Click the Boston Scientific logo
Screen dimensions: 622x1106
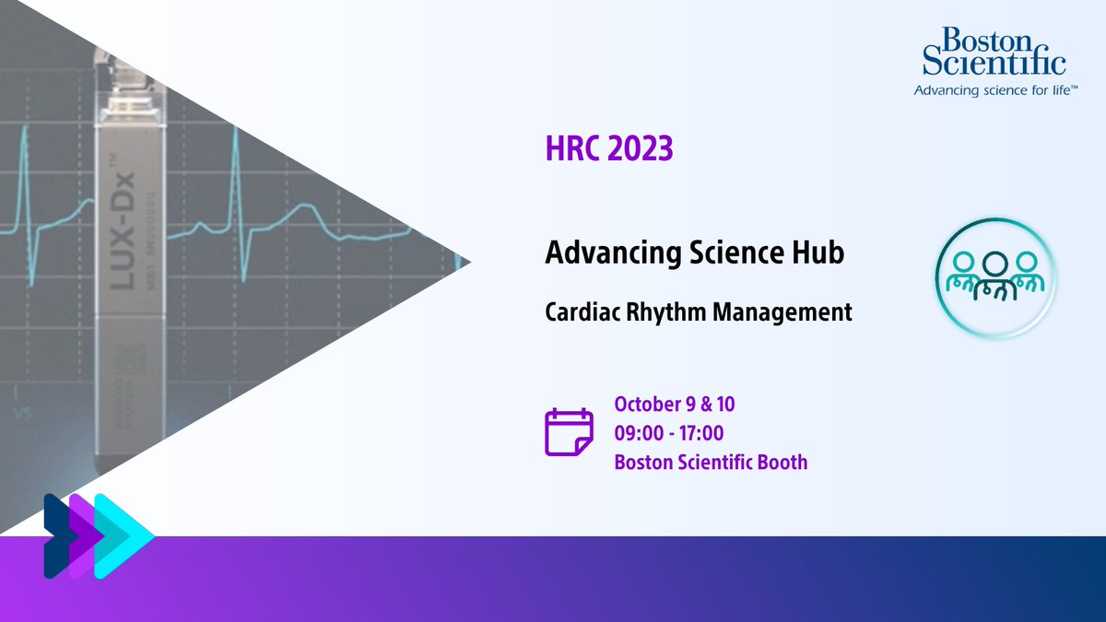tap(994, 53)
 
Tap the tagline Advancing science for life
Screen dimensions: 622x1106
tap(989, 90)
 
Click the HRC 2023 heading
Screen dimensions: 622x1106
tap(608, 149)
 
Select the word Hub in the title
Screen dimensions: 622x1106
tap(816, 252)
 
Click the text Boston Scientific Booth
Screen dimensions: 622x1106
tap(711, 462)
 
